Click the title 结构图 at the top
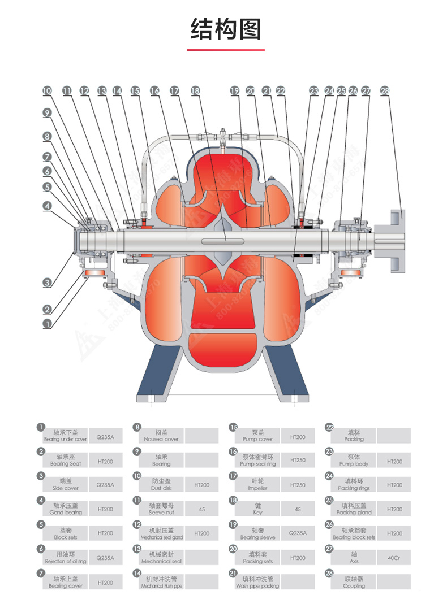pyautogui.click(x=225, y=29)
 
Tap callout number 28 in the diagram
pyautogui.click(x=385, y=90)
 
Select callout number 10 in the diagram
pyautogui.click(x=47, y=90)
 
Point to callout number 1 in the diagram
pyautogui.click(x=47, y=324)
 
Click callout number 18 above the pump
pyautogui.click(x=195, y=90)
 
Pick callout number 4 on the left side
pyautogui.click(x=47, y=206)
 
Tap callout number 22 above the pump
pyautogui.click(x=281, y=90)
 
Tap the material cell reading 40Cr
pyautogui.click(x=394, y=558)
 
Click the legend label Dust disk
pyautogui.click(x=161, y=488)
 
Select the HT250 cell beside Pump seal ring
pyautogui.click(x=298, y=460)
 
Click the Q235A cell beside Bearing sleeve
pyautogui.click(x=298, y=533)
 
